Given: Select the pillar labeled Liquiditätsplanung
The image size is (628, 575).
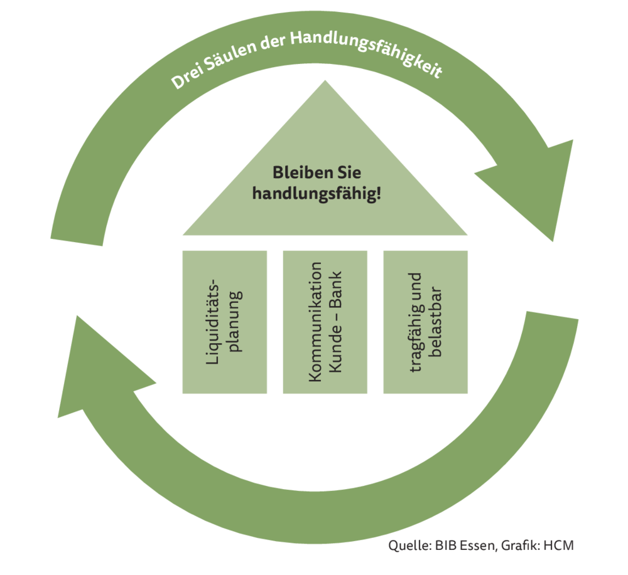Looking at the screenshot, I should [x=225, y=322].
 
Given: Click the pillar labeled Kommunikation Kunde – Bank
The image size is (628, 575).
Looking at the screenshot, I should [x=325, y=322].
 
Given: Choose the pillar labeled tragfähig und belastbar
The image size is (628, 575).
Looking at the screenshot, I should [x=425, y=322].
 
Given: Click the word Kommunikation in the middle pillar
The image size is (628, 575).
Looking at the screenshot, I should [x=317, y=322].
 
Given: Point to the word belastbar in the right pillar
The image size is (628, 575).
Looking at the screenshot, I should [x=436, y=322].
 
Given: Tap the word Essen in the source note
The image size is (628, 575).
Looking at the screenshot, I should [x=470, y=545].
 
